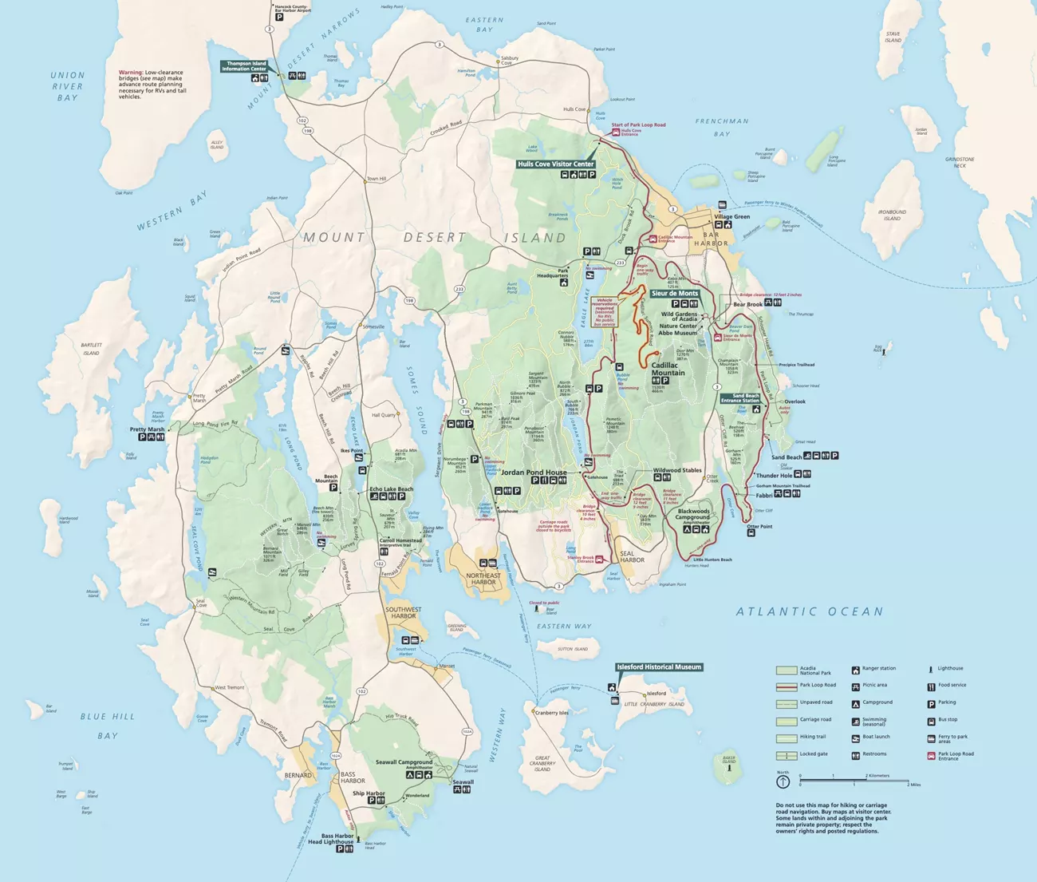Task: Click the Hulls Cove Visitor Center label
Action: click(x=556, y=164)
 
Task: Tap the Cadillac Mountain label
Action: click(x=668, y=369)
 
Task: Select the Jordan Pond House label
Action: click(x=534, y=472)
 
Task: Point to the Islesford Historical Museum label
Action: click(x=659, y=666)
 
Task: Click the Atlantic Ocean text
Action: click(x=810, y=611)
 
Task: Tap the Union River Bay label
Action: click(x=68, y=86)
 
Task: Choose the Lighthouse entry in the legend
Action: click(x=950, y=668)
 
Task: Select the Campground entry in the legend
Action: click(x=877, y=702)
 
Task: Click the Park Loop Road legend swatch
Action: click(x=787, y=686)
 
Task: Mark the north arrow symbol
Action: click(x=783, y=781)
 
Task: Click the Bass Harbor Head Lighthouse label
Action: click(x=330, y=839)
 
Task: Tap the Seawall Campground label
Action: click(x=404, y=762)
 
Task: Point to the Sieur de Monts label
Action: click(x=675, y=293)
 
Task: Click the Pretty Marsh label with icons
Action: click(x=147, y=429)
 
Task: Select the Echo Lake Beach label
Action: click(x=391, y=488)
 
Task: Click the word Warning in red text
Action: click(x=131, y=73)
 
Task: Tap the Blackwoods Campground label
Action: click(x=694, y=514)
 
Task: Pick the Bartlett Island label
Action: click(x=91, y=349)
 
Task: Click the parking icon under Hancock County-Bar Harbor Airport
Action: click(x=279, y=17)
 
